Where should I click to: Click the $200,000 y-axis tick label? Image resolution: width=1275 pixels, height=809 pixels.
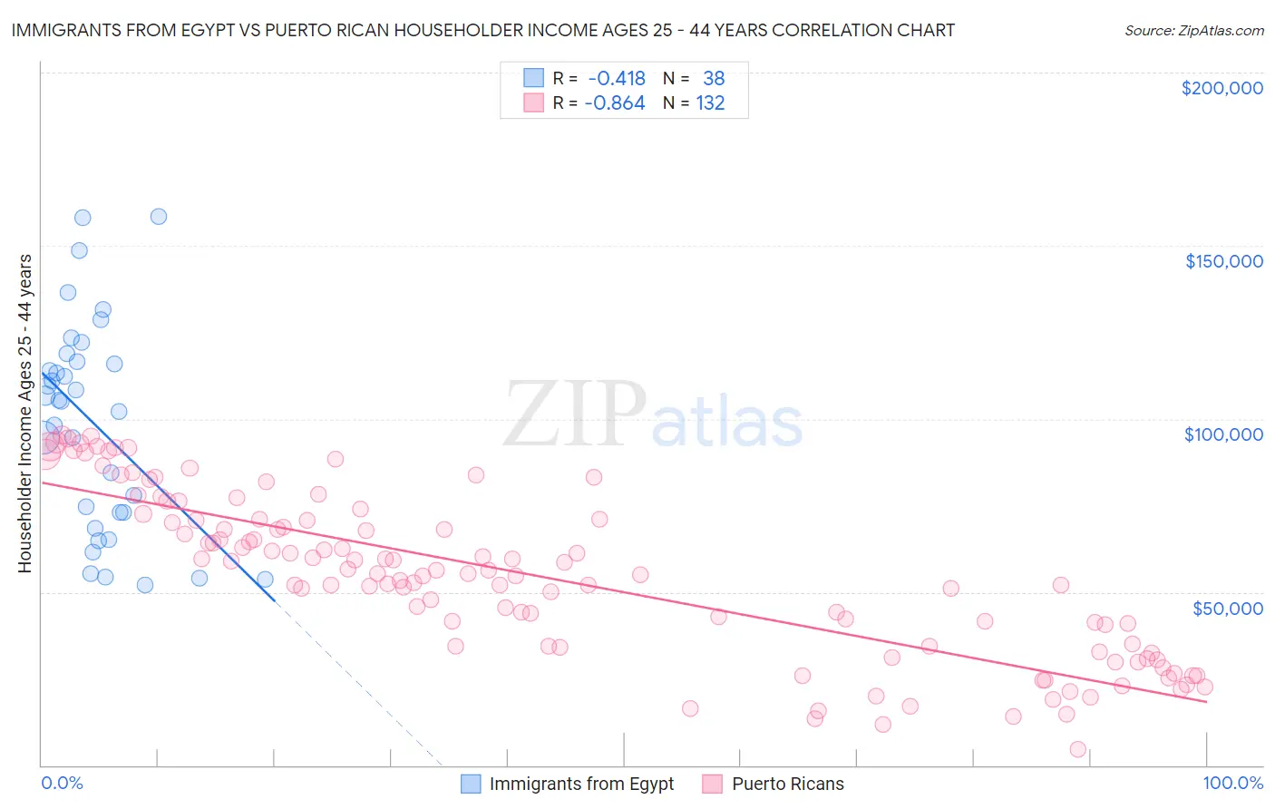pos(1221,88)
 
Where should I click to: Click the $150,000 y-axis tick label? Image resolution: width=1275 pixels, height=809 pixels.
pos(1223,261)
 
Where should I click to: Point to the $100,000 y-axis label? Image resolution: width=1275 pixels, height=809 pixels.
pos(1223,434)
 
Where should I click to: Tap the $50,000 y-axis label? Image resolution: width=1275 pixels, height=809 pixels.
pos(1227,608)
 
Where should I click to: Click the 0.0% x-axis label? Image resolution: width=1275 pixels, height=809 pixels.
pos(62,783)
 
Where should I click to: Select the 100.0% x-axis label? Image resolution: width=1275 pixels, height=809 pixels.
pos(1232,783)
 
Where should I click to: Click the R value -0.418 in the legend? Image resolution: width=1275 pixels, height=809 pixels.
pos(617,79)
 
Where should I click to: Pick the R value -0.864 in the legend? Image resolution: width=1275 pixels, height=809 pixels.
pos(615,103)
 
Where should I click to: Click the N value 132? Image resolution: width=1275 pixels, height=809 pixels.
pos(710,103)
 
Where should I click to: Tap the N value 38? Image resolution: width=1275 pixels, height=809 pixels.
pos(714,79)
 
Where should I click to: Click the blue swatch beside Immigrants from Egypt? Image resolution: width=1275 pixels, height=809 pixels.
pos(471,784)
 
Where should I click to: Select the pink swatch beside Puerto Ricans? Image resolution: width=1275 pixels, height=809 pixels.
pos(712,784)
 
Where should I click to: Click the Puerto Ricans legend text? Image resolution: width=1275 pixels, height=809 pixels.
pos(787,784)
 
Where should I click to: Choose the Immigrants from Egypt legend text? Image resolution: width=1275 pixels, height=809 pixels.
pos(581,784)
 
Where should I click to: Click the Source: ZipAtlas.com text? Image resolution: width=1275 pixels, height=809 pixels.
pos(1193,31)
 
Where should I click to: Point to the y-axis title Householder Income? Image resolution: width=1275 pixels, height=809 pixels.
pos(25,413)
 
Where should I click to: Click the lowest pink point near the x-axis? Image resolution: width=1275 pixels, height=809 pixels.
pos(1077,749)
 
